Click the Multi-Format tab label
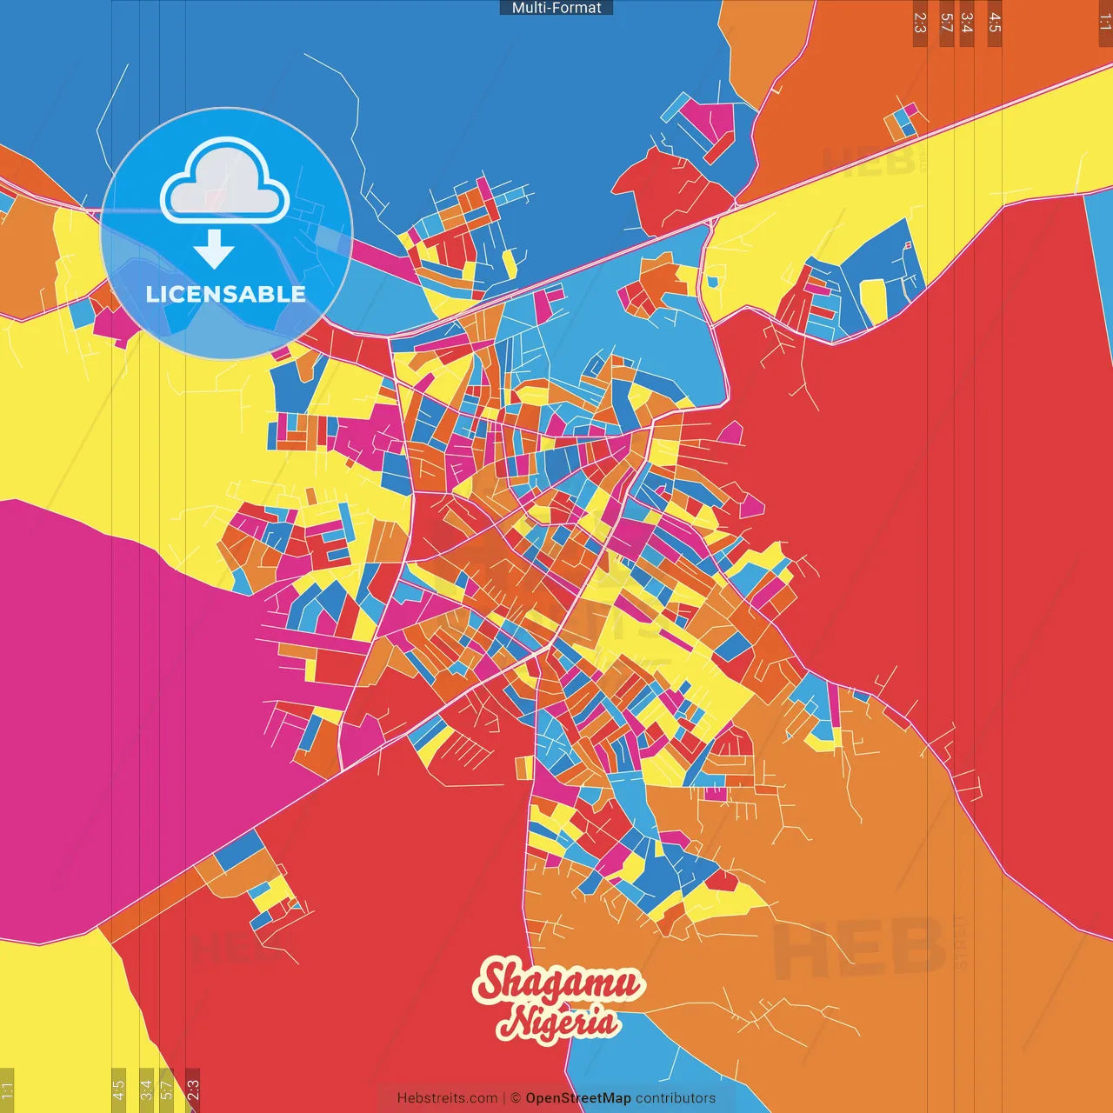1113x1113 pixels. tap(556, 8)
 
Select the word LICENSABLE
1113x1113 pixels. tap(225, 294)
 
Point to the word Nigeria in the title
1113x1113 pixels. tap(560, 1022)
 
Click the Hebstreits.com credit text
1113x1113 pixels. tap(447, 1098)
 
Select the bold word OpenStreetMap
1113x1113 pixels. tap(578, 1098)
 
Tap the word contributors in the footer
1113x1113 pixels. tap(676, 1098)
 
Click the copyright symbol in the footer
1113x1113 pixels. tap(515, 1098)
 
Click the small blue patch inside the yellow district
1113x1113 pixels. tap(713, 282)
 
